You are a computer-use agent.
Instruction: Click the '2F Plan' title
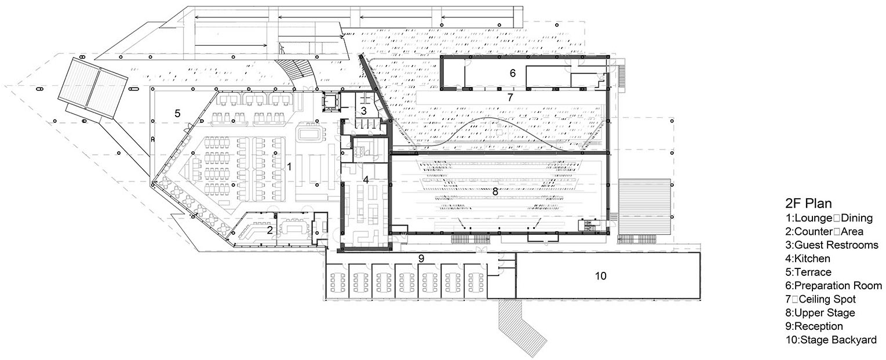tap(808, 203)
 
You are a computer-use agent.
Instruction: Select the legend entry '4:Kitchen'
tap(808, 259)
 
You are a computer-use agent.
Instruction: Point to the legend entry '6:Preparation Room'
tap(833, 286)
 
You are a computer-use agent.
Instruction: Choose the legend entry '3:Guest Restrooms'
tap(832, 245)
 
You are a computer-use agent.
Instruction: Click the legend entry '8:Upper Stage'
tap(820, 313)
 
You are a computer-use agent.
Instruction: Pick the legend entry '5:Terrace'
tap(808, 272)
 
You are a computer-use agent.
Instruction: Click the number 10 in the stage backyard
tap(600, 276)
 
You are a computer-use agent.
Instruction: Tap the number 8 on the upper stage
tap(495, 191)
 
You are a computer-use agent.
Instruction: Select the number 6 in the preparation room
tap(513, 73)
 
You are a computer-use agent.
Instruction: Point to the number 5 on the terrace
tap(177, 114)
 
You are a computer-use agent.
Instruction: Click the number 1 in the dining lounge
tap(290, 167)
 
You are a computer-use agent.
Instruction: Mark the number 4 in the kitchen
tap(366, 180)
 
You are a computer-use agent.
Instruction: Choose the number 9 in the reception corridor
tap(421, 259)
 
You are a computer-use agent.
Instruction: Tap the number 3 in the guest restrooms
tap(363, 111)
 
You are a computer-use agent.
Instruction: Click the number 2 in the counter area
tap(270, 230)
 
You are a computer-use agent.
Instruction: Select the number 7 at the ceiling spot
tap(511, 97)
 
